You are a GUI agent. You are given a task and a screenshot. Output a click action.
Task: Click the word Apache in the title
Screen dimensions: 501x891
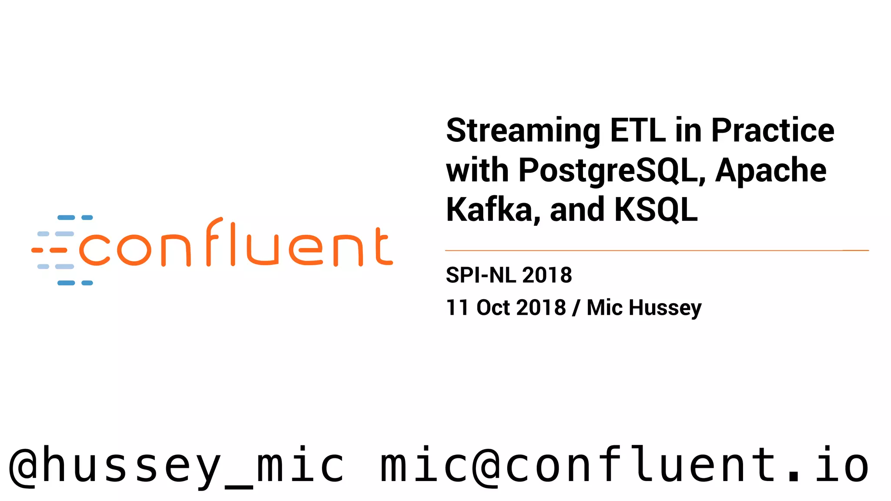tap(770, 170)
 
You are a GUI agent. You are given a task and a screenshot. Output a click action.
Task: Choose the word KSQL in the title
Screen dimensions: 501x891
tap(656, 210)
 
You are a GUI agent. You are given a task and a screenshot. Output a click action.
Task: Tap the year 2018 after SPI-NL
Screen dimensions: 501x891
tap(547, 275)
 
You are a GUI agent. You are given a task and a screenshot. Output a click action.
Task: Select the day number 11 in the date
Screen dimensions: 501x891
tap(457, 307)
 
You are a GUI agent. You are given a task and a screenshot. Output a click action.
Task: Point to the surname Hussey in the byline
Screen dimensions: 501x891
tap(665, 307)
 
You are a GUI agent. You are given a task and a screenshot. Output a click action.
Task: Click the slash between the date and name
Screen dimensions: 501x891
tap(576, 307)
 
